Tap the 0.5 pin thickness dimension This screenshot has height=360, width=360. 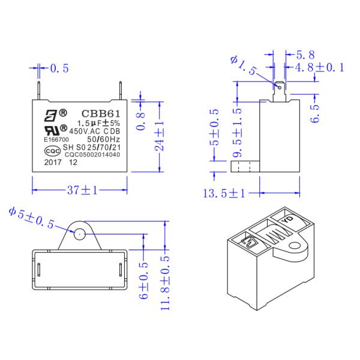tap(59, 68)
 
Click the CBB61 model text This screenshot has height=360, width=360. tap(95, 112)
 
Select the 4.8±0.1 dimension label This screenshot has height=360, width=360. tap(320, 67)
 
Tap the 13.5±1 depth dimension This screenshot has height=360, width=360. tap(224, 193)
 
